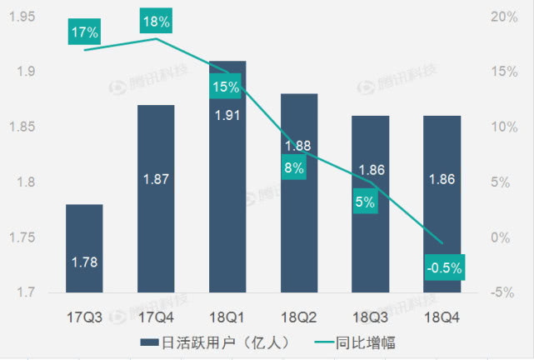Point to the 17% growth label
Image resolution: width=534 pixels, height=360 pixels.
84,32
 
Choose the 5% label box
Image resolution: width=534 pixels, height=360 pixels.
365,201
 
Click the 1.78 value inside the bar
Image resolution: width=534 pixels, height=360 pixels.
84,262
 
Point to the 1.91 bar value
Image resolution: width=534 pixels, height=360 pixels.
227,115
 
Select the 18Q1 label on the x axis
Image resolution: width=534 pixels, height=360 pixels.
227,317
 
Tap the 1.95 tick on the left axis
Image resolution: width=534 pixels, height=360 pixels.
21,17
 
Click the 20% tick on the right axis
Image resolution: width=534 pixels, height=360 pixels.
503,17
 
